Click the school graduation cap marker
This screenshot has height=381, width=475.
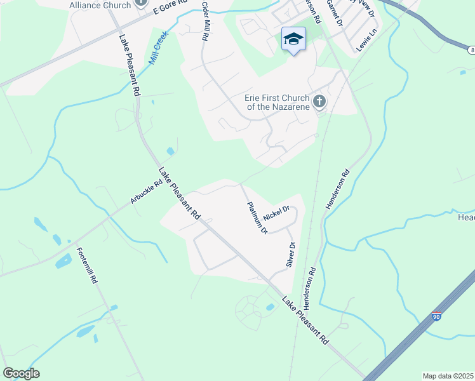point(293,40)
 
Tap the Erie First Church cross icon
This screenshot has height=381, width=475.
point(319,101)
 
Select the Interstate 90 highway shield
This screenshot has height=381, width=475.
point(435,316)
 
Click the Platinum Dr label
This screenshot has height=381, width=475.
point(257,218)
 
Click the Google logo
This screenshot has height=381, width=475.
point(21,373)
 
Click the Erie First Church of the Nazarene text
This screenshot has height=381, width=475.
point(277,102)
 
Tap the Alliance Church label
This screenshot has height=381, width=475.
point(100,5)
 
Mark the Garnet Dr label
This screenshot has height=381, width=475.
point(334,13)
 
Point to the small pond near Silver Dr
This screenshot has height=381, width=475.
point(271,307)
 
